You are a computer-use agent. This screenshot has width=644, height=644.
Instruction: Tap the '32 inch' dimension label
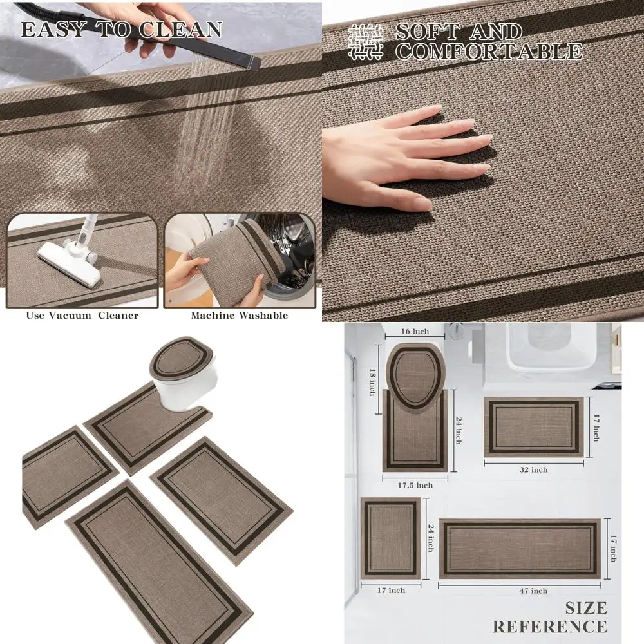pos(535,470)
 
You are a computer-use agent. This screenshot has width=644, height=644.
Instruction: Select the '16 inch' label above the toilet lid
pos(414,332)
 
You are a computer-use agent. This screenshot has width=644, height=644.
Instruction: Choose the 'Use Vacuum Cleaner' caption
pos(82,316)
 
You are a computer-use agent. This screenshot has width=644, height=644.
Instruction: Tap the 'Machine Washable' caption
pos(239,316)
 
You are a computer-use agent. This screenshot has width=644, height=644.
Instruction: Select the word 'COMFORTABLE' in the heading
pos(489,52)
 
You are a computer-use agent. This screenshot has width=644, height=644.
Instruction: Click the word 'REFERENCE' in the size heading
pos(550,627)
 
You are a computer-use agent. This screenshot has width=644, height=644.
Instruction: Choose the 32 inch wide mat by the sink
pos(533,426)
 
